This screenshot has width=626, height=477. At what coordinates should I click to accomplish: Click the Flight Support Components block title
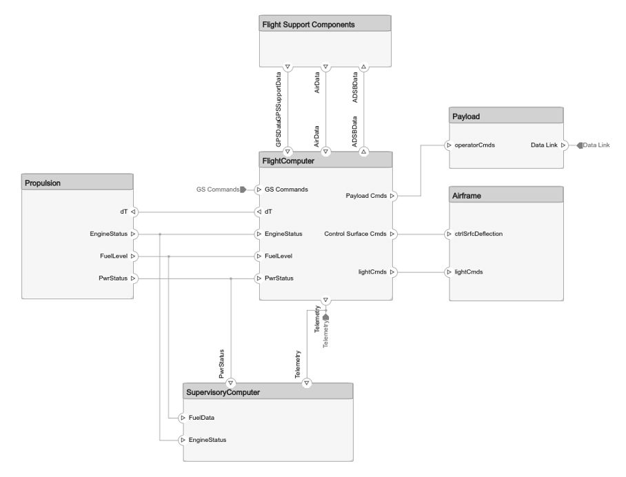(x=308, y=24)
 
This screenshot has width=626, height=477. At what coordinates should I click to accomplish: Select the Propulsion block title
(x=43, y=183)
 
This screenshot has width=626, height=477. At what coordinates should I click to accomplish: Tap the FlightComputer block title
(x=288, y=160)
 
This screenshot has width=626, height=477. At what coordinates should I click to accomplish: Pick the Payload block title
(x=466, y=116)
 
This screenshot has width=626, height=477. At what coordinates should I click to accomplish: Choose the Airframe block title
(x=467, y=196)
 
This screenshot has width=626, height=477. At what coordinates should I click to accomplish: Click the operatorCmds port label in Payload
(x=474, y=145)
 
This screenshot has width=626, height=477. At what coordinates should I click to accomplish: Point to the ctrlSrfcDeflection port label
(x=478, y=234)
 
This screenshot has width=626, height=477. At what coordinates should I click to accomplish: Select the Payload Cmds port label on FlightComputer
(x=366, y=196)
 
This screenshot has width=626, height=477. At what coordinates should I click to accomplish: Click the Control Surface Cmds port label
(x=355, y=234)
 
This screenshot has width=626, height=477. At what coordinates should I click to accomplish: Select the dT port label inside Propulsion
(x=123, y=212)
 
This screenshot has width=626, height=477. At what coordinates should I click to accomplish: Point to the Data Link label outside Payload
(x=596, y=145)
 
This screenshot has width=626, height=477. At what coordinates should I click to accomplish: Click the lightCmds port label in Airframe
(x=468, y=272)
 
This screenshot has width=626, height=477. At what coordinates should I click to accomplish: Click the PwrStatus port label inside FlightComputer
(x=279, y=278)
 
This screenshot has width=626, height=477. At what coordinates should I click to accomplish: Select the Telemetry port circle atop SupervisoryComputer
(x=307, y=383)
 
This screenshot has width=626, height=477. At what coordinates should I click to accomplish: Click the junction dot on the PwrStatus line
(x=231, y=278)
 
